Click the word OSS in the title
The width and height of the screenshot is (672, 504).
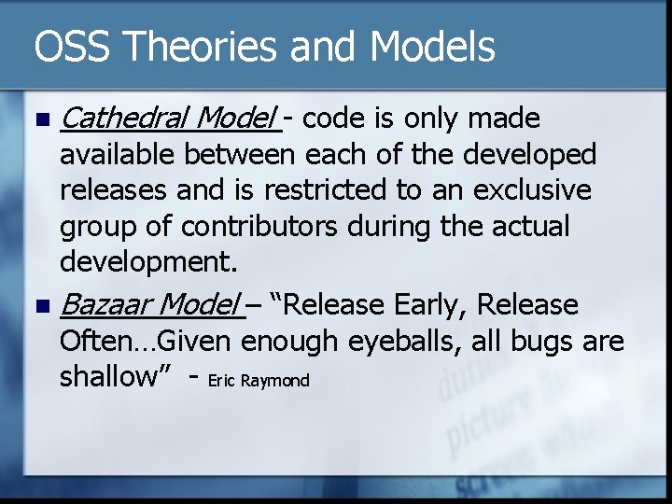(68, 47)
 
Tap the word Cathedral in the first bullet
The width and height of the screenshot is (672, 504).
(121, 119)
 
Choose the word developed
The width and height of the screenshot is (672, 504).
(541, 155)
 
